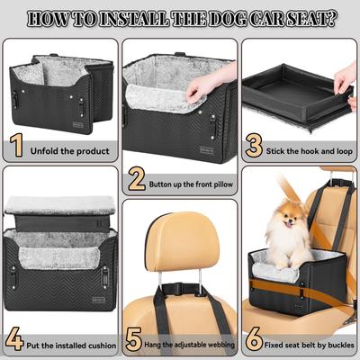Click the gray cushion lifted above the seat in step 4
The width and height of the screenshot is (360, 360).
61,205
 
